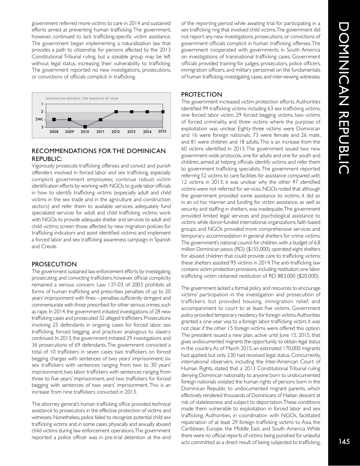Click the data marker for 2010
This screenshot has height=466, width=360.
[x=85, y=127]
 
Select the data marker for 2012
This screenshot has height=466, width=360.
[x=116, y=112]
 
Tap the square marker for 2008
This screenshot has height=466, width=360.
[x=54, y=119]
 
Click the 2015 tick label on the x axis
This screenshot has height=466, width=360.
[x=162, y=131]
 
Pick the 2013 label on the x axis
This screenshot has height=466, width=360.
[x=131, y=132]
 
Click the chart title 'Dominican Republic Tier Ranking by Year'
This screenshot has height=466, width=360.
[x=81, y=99]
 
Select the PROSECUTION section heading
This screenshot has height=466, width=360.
[x=54, y=264]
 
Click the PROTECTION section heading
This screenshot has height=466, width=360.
[x=202, y=94]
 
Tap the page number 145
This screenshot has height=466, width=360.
[x=344, y=441]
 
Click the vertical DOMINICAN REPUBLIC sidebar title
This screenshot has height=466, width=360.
[x=344, y=99]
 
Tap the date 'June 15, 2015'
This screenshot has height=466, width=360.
[x=289, y=335]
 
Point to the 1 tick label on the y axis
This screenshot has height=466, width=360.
[x=42, y=104]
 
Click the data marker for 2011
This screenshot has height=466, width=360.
[x=100, y=120]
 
